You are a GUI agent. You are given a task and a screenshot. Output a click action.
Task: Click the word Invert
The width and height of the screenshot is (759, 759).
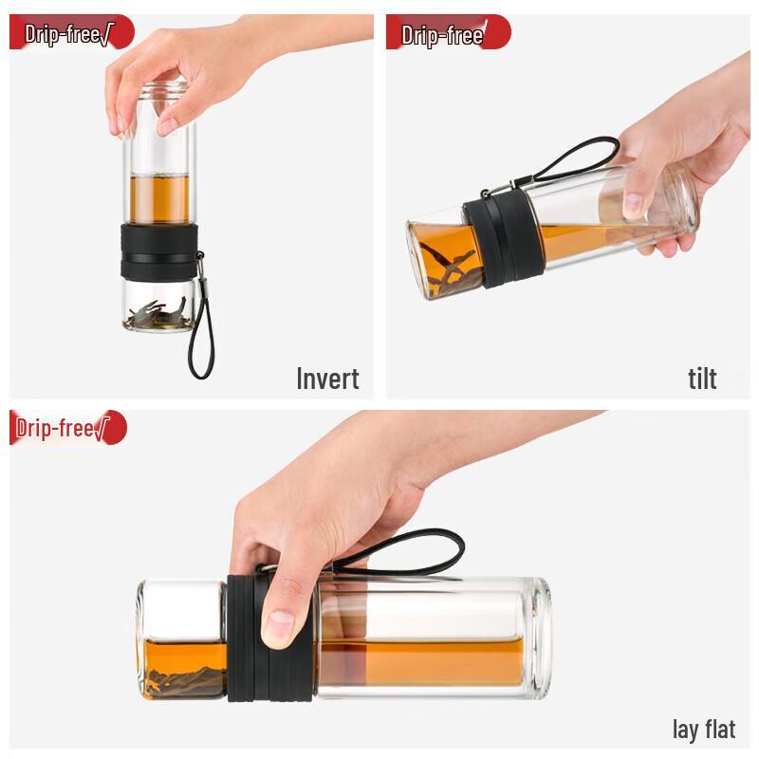[x=327, y=379]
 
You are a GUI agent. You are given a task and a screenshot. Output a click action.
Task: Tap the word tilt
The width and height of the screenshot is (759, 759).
[x=702, y=379]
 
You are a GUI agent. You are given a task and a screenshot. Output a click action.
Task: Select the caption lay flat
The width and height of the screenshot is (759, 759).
[x=704, y=729]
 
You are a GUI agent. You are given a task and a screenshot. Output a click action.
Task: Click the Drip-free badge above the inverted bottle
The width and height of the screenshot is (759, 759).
[x=71, y=32]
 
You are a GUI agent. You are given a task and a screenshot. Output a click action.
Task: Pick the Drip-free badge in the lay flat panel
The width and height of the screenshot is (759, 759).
[x=66, y=429]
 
